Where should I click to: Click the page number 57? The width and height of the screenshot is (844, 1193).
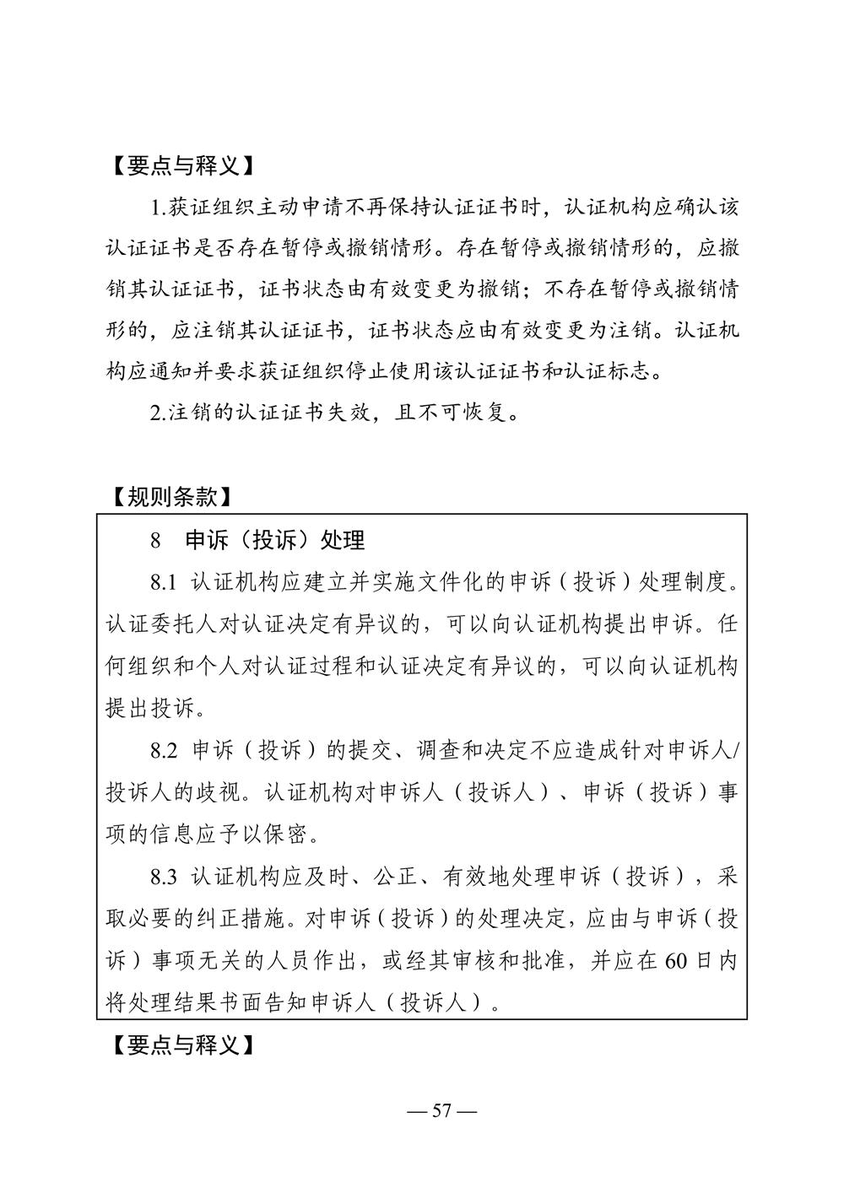point(441,1110)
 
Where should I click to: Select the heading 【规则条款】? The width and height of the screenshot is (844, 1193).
point(172,498)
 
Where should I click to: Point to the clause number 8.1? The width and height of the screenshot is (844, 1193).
point(165,582)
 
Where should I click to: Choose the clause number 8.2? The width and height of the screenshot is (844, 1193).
point(165,750)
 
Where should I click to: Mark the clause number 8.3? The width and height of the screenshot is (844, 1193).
point(165,877)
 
